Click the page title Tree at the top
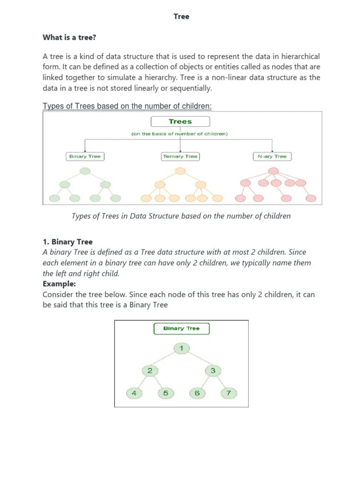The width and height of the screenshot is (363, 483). point(181,17)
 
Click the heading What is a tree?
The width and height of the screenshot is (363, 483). point(69,37)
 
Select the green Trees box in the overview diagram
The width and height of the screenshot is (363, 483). point(180,122)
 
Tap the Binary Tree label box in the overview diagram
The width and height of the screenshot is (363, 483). point(85,156)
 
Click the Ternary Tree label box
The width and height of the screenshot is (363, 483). point(180,156)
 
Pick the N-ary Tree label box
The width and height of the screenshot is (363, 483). point(272,156)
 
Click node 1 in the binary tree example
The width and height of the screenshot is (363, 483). point(181,349)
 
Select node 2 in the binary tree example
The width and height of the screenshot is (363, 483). point(150,371)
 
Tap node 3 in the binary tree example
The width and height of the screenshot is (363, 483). point(213,371)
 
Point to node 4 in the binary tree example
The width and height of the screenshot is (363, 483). point(134,393)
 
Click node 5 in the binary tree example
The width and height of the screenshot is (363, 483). point(165,393)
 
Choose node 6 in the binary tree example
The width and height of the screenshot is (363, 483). point(197,393)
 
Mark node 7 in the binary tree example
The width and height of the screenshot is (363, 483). point(229,393)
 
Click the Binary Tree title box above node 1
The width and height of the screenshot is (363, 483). point(181,328)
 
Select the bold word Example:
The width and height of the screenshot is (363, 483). point(59,284)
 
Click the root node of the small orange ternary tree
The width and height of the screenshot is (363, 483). point(180,171)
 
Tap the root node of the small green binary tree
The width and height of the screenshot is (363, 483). point(85,171)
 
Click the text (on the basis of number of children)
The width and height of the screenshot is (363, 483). point(180,134)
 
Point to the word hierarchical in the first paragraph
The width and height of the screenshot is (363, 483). point(295,57)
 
